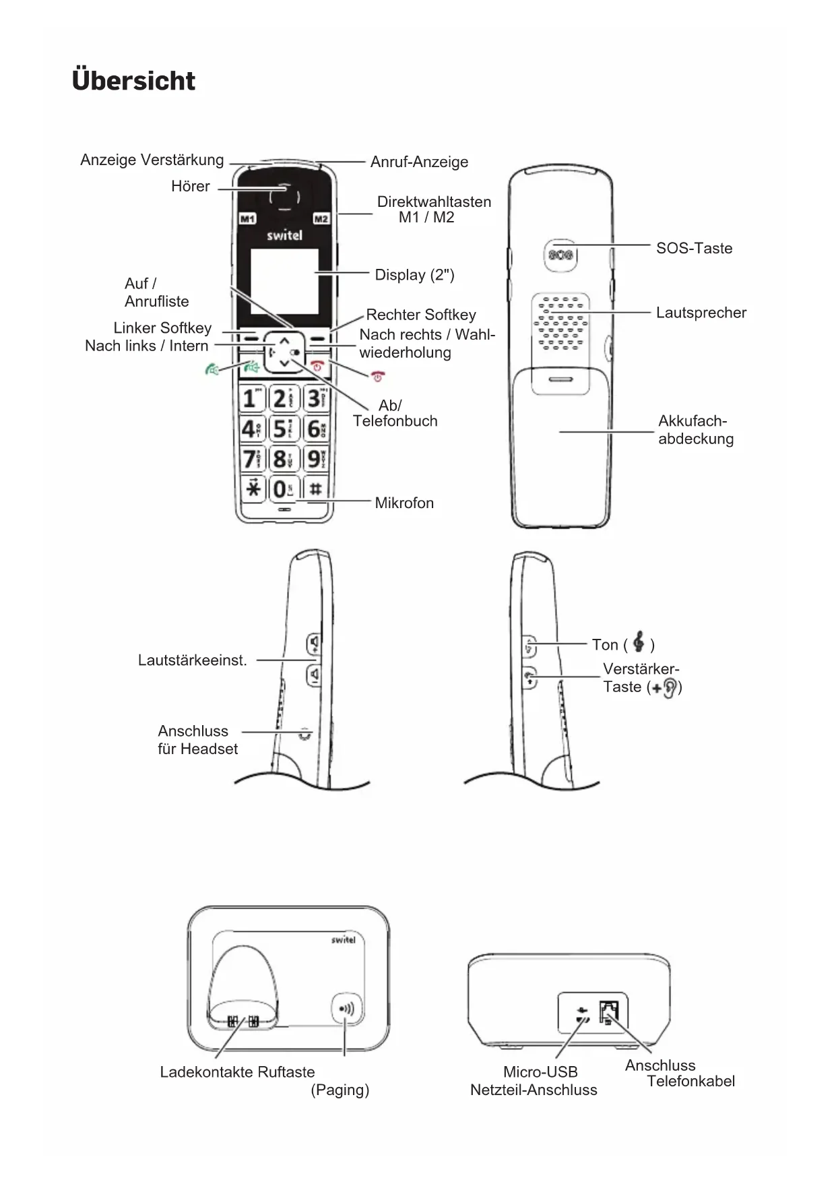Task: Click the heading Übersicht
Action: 133,81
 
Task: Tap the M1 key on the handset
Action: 247,219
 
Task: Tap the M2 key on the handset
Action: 321,219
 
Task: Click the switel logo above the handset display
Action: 284,236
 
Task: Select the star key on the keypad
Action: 253,488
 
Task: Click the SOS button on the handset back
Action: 560,255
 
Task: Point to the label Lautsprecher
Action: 701,313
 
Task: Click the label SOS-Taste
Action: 694,248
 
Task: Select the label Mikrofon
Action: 404,503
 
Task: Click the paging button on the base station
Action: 347,1009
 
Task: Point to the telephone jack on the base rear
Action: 608,1012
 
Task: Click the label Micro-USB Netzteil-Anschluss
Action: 534,1081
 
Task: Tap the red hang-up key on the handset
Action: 317,367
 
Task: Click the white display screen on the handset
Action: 284,281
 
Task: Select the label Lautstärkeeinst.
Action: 192,660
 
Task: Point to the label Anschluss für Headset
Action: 197,740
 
